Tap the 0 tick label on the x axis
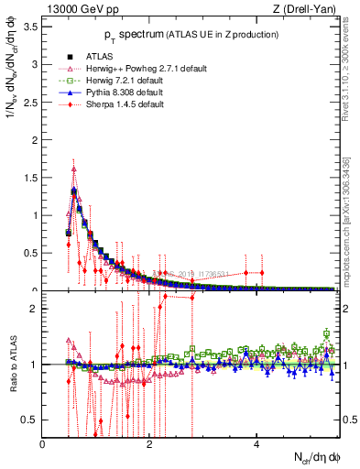43,443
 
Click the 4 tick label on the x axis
256,443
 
